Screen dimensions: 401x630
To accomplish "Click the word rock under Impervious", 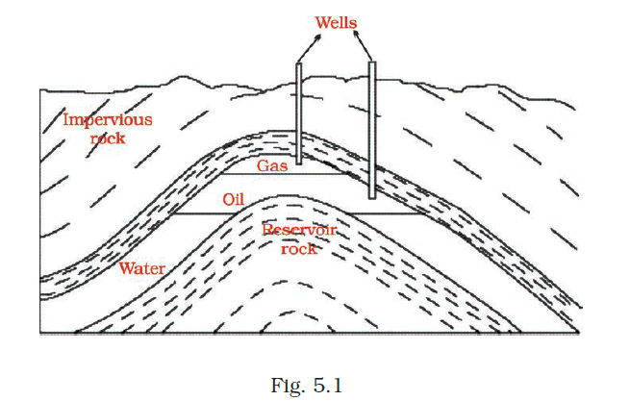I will click(107, 138).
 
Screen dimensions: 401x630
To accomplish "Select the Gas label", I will click(271, 165).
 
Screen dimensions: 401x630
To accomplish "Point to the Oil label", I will click(235, 200).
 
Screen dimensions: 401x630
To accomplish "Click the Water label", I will click(141, 267).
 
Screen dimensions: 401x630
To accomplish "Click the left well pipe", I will click(300, 115).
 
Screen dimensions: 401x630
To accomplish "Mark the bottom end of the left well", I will click(300, 163).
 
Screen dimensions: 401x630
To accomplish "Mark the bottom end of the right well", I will click(372, 196).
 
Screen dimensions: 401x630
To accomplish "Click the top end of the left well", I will click(300, 65).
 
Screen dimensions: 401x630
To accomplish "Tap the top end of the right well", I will click(372, 64).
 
